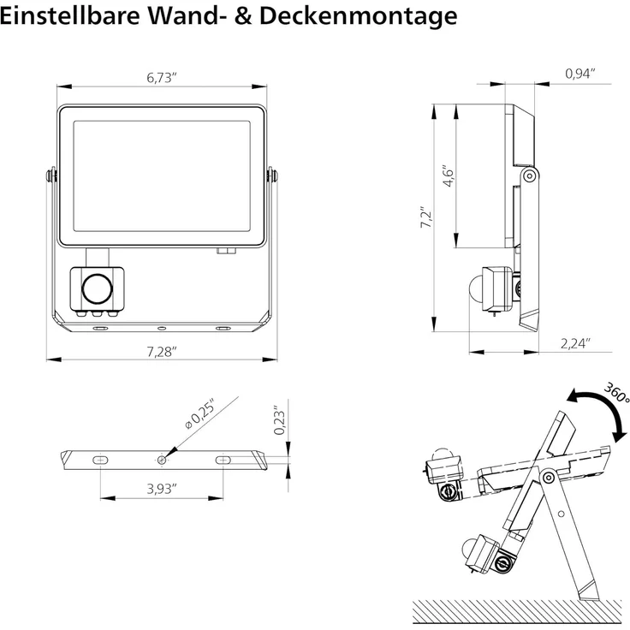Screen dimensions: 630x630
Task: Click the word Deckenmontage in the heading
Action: [x=358, y=17]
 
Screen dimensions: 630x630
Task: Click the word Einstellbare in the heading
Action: [x=70, y=15]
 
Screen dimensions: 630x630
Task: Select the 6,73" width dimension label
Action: [x=162, y=78]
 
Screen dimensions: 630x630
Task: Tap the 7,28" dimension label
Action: [x=162, y=352]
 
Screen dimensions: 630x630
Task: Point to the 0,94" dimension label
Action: [x=579, y=74]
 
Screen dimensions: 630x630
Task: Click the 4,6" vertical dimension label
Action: [x=448, y=175]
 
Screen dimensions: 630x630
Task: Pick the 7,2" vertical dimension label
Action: [x=425, y=217]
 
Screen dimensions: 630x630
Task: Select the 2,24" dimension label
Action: [x=575, y=343]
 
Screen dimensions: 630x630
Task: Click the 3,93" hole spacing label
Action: [x=162, y=489]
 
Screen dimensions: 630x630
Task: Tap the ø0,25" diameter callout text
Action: [x=199, y=413]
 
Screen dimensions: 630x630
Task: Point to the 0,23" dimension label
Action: [x=279, y=420]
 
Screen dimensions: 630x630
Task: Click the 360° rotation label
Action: [x=617, y=393]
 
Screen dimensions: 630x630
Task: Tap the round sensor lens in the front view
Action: [x=98, y=288]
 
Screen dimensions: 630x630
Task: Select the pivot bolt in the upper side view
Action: [x=530, y=176]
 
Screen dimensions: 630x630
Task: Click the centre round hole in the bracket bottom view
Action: [x=162, y=460]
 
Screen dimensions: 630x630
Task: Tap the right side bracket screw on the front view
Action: [x=273, y=175]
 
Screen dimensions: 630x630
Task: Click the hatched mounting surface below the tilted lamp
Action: [x=518, y=611]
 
